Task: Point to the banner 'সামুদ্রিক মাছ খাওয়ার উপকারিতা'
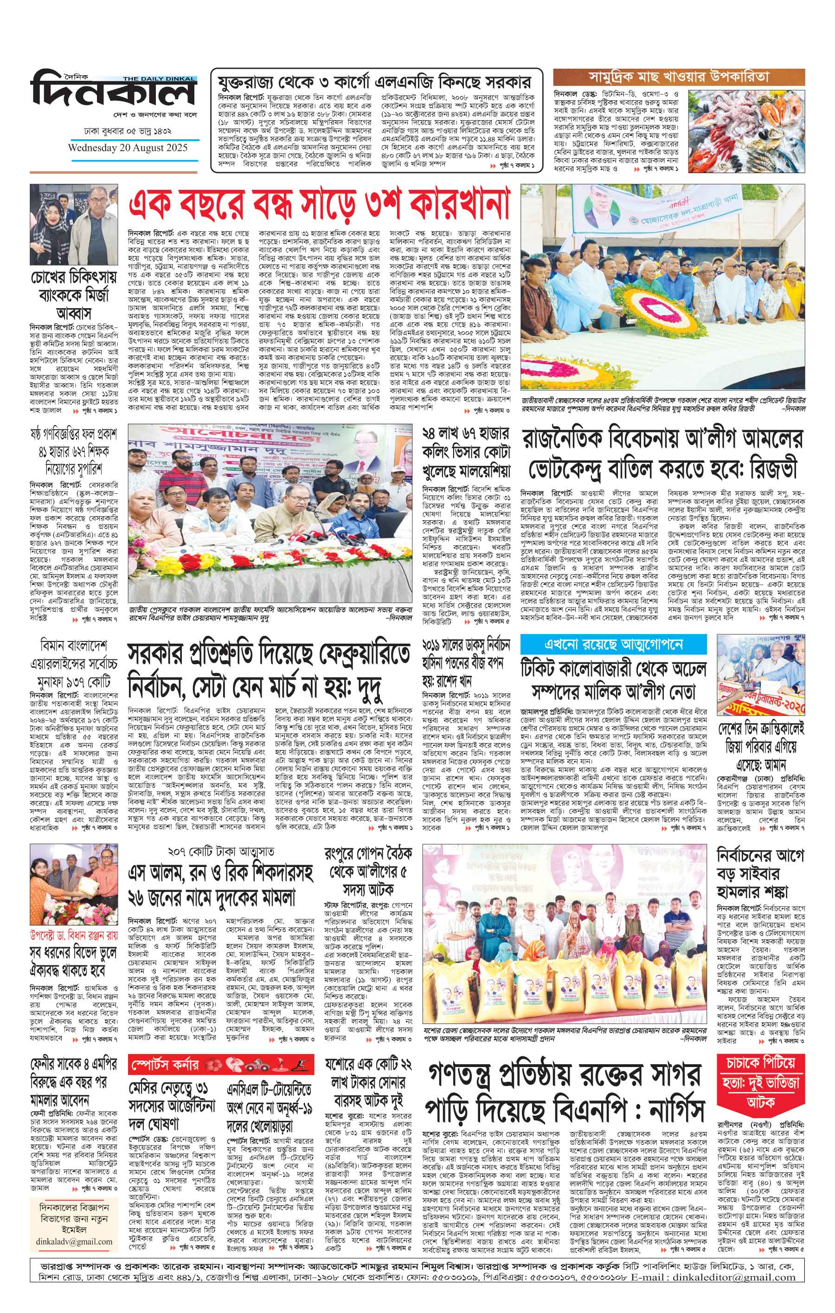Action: [x=678, y=76]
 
